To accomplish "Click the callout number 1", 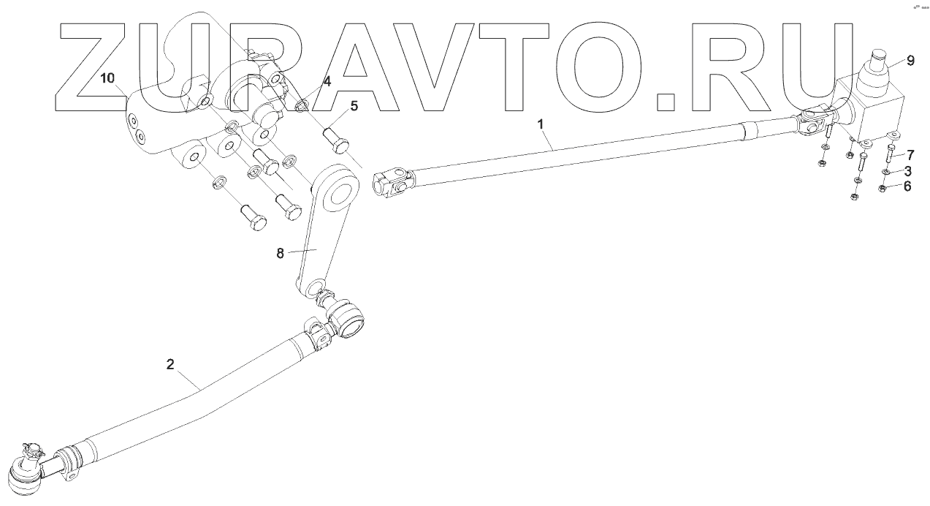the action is pos(541,124).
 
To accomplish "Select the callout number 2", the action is pos(170,364).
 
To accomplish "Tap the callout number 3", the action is pos(907,171).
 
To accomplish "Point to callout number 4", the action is pos(327,82).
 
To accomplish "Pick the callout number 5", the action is pos(354,106).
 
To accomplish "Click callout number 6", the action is pos(907,186).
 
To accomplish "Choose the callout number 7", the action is pos(910,154).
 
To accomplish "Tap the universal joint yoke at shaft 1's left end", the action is pos(392,184).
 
